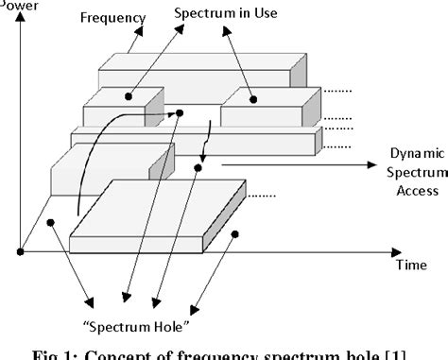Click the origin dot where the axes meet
[x=20, y=250]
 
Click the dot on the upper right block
[x=253, y=98]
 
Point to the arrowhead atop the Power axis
[x=20, y=13]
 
